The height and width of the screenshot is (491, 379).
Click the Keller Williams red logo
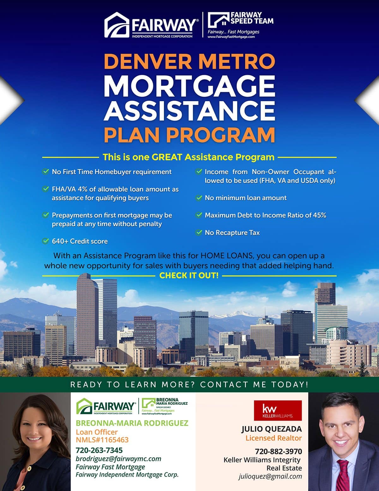tap(278, 411)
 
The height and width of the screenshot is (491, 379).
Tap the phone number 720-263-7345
tap(99, 450)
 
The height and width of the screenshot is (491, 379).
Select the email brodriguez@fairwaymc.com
tap(118, 459)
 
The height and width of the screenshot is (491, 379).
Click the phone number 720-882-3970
tap(278, 451)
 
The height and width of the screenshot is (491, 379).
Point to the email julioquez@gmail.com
tap(270, 476)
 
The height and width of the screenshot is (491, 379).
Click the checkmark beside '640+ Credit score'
tap(45, 241)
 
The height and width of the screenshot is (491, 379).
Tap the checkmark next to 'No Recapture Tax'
tap(199, 232)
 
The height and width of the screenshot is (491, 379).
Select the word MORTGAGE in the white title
tap(189, 86)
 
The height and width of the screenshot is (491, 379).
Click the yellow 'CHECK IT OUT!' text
tap(189, 275)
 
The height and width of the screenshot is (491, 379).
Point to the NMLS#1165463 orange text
tap(102, 440)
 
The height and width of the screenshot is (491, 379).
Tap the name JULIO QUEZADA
tap(272, 429)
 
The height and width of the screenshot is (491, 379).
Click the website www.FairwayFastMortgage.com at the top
tap(231, 37)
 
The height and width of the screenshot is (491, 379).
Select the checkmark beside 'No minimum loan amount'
tap(199, 198)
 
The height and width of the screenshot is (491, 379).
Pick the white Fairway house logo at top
tap(117, 25)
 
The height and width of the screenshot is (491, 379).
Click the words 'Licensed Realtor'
tap(274, 438)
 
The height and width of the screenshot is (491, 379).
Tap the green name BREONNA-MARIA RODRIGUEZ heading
tap(132, 423)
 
